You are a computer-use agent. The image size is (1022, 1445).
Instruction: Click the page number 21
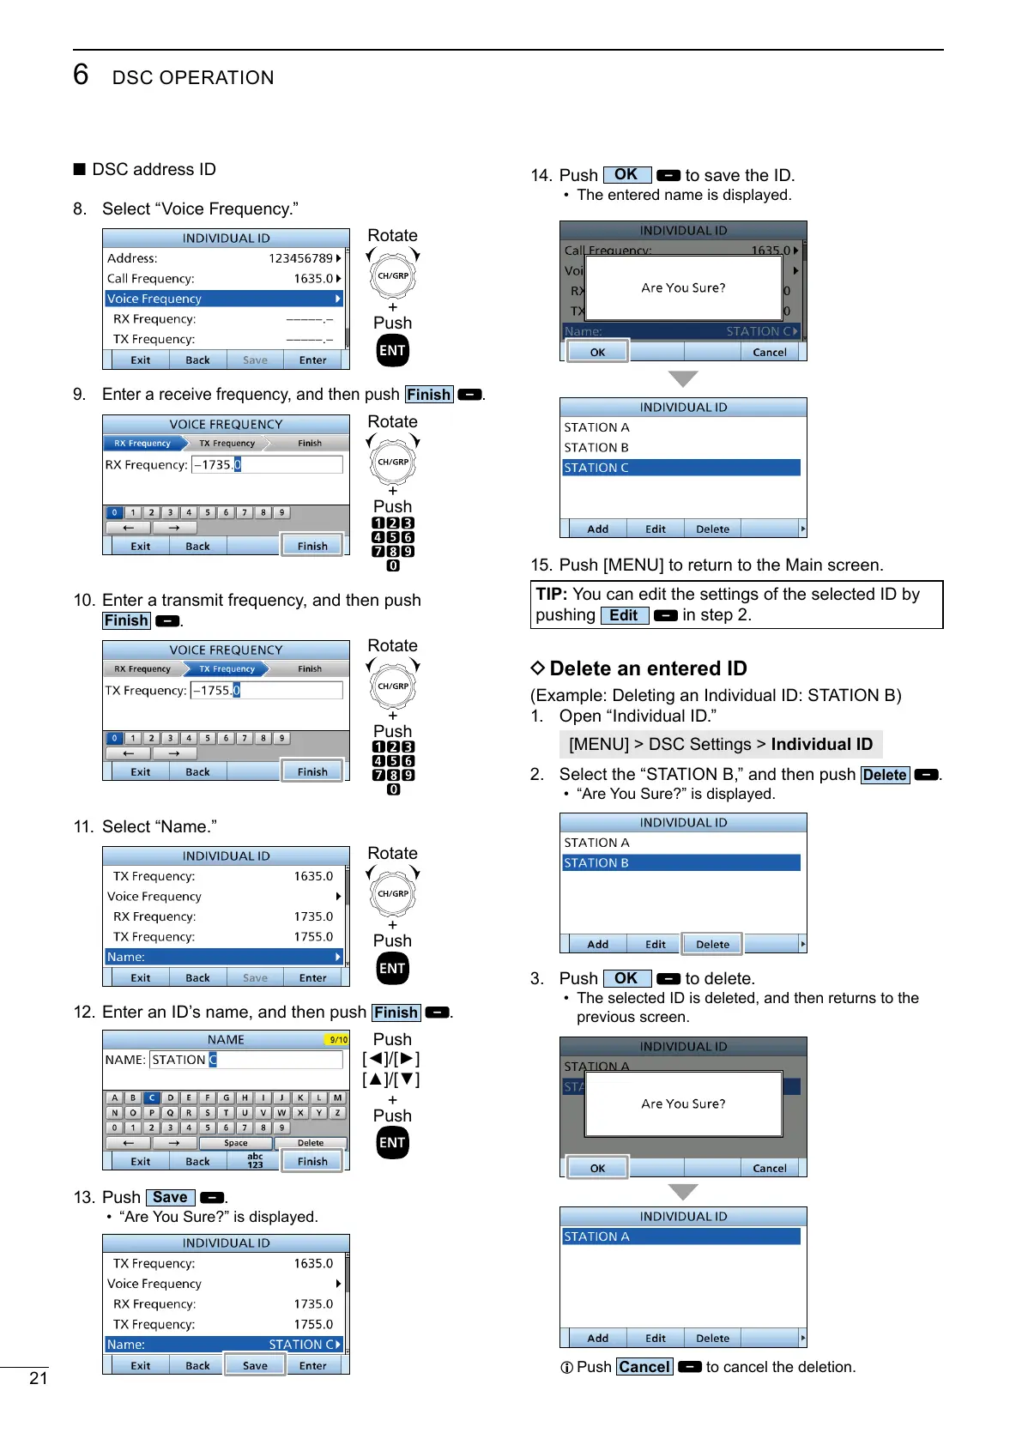39,1378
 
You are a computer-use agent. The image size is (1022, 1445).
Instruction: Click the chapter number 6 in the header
81,75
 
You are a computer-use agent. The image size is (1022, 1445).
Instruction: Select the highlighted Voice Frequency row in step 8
223,299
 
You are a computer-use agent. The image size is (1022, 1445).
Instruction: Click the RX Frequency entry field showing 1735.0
267,465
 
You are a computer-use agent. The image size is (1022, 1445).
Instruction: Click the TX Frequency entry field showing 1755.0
267,691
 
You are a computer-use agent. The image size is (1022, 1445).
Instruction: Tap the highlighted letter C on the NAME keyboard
152,1097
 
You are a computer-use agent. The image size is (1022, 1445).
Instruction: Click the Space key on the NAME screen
236,1143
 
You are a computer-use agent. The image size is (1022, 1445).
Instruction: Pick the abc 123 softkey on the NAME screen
255,1161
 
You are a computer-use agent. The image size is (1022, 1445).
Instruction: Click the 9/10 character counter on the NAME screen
338,1040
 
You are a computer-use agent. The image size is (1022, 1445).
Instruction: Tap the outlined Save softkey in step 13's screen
255,1365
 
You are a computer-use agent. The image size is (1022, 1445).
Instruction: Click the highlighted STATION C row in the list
681,468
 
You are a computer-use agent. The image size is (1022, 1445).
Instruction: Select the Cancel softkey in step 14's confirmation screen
769,352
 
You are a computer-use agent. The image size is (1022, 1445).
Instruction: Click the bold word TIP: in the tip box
552,595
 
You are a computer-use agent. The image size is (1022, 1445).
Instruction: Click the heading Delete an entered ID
648,668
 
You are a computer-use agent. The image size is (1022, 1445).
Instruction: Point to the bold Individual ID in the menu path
821,744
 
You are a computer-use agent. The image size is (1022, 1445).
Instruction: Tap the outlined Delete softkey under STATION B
712,944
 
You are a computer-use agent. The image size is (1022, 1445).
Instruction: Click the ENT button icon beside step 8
392,350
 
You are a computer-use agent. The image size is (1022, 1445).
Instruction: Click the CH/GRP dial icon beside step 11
393,894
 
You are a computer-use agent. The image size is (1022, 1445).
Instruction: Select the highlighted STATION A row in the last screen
681,1236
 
